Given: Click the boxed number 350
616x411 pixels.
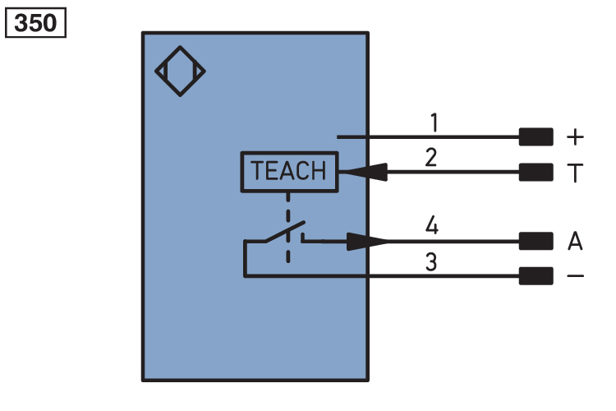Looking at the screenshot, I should point(35,22).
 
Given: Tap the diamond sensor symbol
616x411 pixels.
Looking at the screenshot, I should point(180,72).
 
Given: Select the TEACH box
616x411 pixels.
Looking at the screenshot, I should point(288,172).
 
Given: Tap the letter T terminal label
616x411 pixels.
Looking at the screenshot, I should point(575,173).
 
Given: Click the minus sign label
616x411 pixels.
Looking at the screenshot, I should point(575,276).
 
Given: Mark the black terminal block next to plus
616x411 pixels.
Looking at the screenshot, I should point(536,136).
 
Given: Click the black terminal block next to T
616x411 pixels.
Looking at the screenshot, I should point(536,173).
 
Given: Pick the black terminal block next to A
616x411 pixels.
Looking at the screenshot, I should point(536,241).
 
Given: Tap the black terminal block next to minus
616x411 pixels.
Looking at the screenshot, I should point(536,276).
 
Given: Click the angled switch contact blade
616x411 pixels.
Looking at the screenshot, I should point(284,231).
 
